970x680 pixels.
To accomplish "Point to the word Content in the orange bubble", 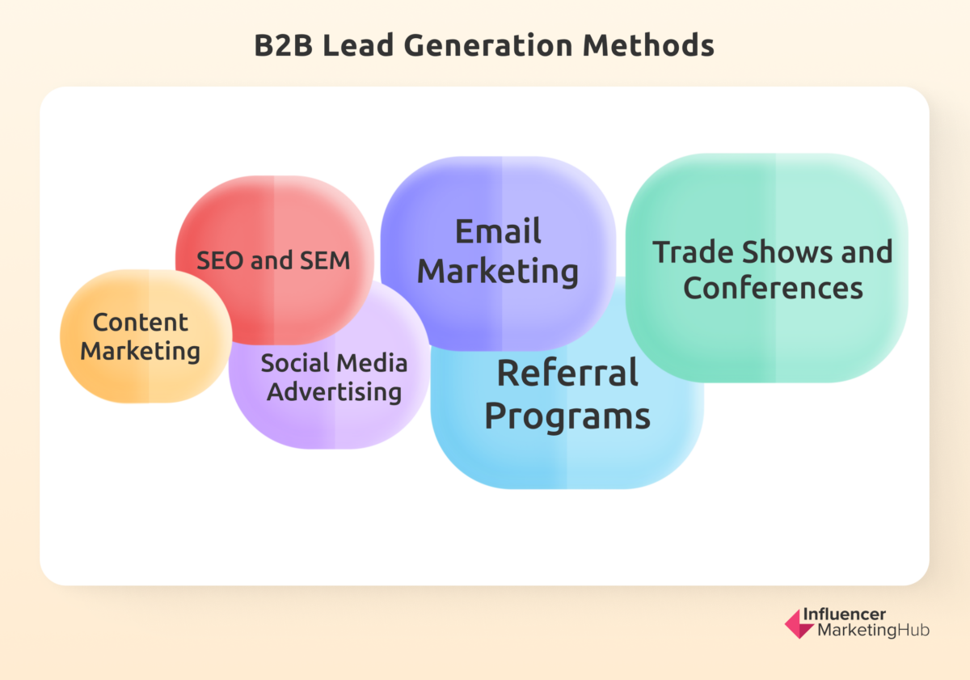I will pos(140,322).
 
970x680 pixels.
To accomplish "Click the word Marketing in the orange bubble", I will pos(140,352).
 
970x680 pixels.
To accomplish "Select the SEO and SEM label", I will pos(273,260).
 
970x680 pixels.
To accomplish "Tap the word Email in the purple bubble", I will pos(498,232).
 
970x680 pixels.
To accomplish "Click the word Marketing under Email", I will pos(498,272).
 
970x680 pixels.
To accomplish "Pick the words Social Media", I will pos(334,363).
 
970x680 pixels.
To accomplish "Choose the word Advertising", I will pos(335,392).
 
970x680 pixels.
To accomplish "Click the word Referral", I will pos(567,374).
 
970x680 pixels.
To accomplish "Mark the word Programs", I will pos(567,416).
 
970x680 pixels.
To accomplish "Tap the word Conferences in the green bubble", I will pos(773,288).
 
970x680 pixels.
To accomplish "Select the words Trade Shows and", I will pos(773,251).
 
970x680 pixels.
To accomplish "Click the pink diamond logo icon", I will pos(799,623).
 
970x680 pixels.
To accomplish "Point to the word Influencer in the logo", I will pos(851,615).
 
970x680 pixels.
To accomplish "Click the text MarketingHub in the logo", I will pos(873,631).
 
